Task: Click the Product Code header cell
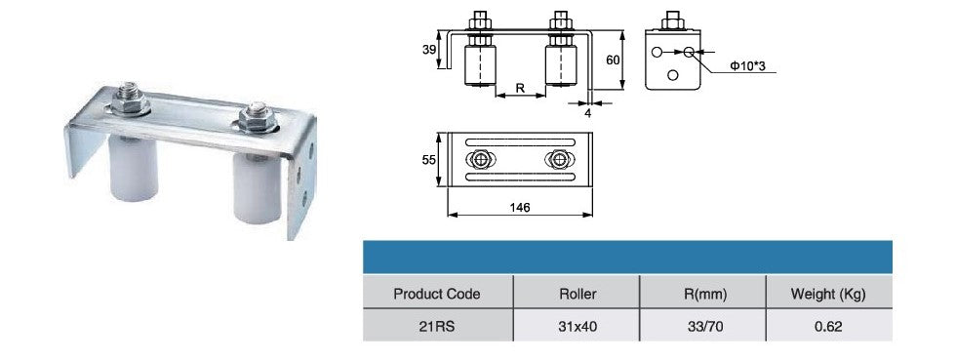437,294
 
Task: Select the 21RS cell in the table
437,326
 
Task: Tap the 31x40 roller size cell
577,326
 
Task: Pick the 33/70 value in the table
703,326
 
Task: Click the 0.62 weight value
828,326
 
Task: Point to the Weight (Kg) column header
828,294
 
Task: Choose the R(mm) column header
703,294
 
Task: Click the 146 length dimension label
519,208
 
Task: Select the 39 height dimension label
429,50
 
